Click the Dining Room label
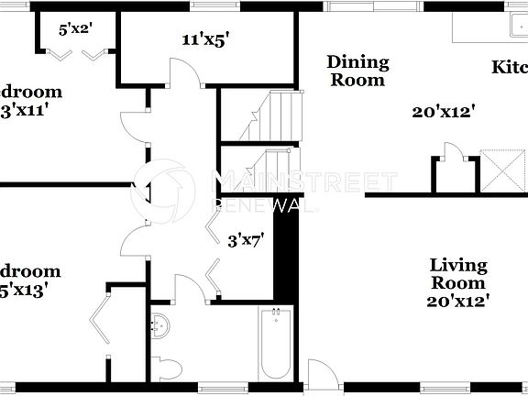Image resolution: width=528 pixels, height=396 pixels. point(357,71)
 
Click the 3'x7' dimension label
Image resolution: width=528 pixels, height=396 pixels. point(246,240)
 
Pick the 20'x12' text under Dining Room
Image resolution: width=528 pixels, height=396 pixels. point(443,112)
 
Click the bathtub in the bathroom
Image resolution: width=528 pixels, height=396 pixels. point(274,346)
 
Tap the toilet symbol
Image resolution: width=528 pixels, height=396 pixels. point(166,368)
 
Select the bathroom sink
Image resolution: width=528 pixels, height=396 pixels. point(159,325)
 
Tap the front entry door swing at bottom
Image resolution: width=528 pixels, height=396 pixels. point(322,376)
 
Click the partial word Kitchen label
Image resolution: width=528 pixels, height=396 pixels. point(510,67)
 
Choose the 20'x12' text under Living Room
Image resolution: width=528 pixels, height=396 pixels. point(458,300)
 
